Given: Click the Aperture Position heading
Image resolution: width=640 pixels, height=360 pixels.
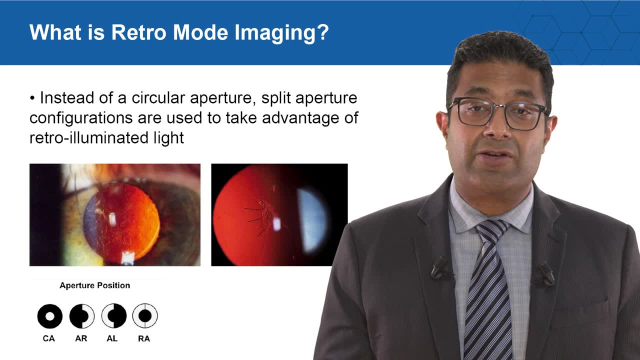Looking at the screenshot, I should (x=95, y=285).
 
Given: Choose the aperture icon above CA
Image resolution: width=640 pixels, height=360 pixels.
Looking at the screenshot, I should (x=49, y=316).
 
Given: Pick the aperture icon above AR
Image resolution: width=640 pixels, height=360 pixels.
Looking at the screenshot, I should (x=81, y=316).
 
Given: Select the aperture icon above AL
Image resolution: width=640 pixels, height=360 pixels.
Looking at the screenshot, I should (x=113, y=316).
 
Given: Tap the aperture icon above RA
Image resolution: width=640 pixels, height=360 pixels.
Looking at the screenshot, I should (x=144, y=316).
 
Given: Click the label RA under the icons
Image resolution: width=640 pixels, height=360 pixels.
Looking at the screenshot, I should (x=144, y=338).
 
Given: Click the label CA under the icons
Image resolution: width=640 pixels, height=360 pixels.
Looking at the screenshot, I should (x=48, y=338).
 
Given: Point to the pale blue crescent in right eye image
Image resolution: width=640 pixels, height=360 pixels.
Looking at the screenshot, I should (x=312, y=219).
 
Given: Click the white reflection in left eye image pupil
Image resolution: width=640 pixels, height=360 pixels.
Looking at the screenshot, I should (x=112, y=218).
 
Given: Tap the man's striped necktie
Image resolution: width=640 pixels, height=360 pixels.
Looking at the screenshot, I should (x=487, y=295).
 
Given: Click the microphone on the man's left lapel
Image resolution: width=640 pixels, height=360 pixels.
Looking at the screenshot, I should (x=546, y=272).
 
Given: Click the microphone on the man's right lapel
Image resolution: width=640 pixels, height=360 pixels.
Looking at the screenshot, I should (x=440, y=267).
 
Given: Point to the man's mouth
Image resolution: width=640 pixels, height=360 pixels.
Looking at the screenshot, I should (x=498, y=157).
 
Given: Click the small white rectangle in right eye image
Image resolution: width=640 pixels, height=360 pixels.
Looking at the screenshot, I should (x=276, y=224).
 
